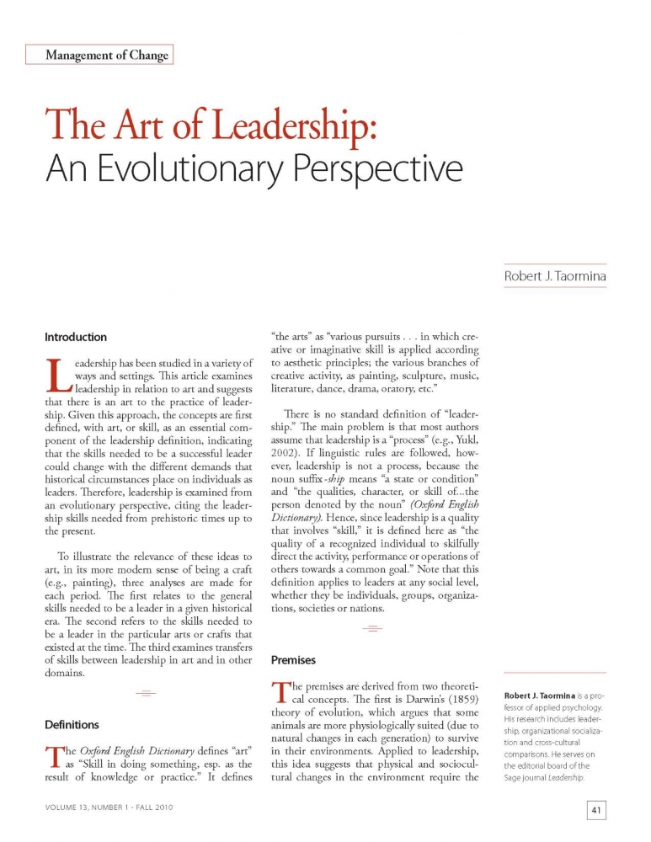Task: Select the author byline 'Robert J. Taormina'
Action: click(x=555, y=275)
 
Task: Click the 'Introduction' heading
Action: click(x=76, y=337)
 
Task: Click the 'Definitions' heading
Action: click(x=72, y=724)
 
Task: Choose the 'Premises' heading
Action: click(x=293, y=660)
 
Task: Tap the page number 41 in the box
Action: click(x=595, y=811)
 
